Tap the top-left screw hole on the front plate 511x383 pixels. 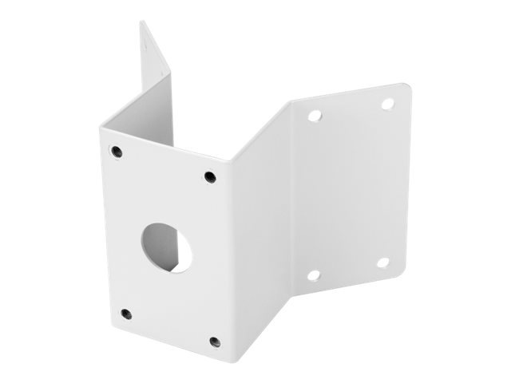(117, 150)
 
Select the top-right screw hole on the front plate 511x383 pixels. (210, 176)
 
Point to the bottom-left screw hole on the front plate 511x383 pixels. (125, 313)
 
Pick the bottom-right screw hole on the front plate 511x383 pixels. (214, 342)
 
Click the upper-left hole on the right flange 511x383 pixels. (315, 116)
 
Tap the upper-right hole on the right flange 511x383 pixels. (387, 104)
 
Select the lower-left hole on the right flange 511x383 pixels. (314, 275)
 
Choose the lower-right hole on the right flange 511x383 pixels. (382, 262)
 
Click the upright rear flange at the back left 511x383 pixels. (156, 72)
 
